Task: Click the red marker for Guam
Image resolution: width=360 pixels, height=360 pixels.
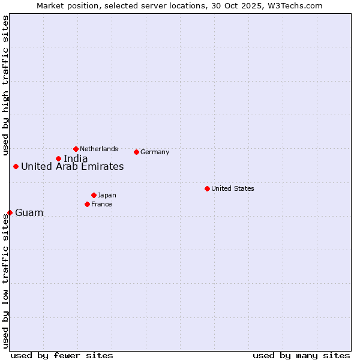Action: tap(10, 212)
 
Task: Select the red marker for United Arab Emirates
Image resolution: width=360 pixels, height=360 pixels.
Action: tap(16, 166)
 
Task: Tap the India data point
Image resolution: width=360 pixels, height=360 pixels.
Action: tap(58, 158)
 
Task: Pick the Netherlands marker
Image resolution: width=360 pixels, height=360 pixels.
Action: tap(76, 149)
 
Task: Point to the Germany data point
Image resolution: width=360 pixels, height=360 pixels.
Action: tap(137, 152)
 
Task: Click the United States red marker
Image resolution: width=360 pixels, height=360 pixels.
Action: tap(207, 188)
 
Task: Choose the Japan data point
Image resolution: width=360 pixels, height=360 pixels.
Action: tap(94, 195)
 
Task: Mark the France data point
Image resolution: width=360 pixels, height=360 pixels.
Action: tap(87, 204)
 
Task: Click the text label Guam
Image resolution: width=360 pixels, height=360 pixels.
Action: tap(29, 213)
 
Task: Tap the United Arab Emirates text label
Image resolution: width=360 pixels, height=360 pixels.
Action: tap(73, 167)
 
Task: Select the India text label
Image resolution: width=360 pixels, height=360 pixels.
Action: tap(76, 159)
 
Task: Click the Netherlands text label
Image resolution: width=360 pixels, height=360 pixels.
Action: tap(99, 149)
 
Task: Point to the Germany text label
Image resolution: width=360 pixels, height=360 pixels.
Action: tap(155, 152)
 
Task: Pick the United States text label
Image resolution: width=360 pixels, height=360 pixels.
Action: tap(233, 188)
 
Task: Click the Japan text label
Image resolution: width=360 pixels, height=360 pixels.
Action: tap(107, 195)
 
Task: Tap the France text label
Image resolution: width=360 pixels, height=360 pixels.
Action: tap(101, 204)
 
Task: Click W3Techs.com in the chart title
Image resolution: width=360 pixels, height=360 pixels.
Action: tap(295, 5)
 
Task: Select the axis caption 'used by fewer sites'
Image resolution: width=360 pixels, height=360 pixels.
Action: tap(62, 355)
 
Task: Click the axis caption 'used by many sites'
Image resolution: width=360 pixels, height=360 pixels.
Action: tap(301, 355)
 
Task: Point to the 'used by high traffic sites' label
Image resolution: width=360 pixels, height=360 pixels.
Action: tap(5, 85)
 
